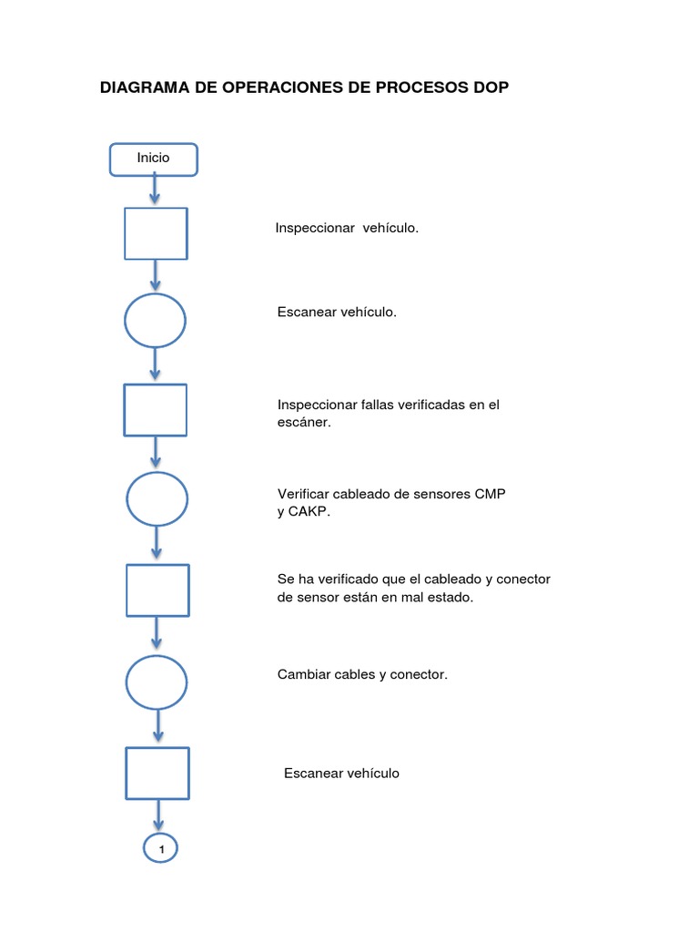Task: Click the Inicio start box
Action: (x=153, y=159)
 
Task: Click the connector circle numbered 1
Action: (x=161, y=849)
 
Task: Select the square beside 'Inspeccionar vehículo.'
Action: (x=155, y=233)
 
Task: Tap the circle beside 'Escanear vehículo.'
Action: (x=155, y=320)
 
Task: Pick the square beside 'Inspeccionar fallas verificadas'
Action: (x=155, y=409)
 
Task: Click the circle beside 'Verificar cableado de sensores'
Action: (x=157, y=498)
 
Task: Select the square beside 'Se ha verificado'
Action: (x=157, y=590)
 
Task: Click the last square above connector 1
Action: (x=157, y=773)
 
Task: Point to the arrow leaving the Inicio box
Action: (x=154, y=190)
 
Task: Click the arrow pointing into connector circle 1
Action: (x=160, y=816)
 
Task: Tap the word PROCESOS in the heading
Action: (x=423, y=87)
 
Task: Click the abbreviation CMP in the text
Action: (x=490, y=494)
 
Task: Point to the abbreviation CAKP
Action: (x=310, y=512)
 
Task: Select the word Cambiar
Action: (x=303, y=675)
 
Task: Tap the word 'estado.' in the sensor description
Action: (x=451, y=598)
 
